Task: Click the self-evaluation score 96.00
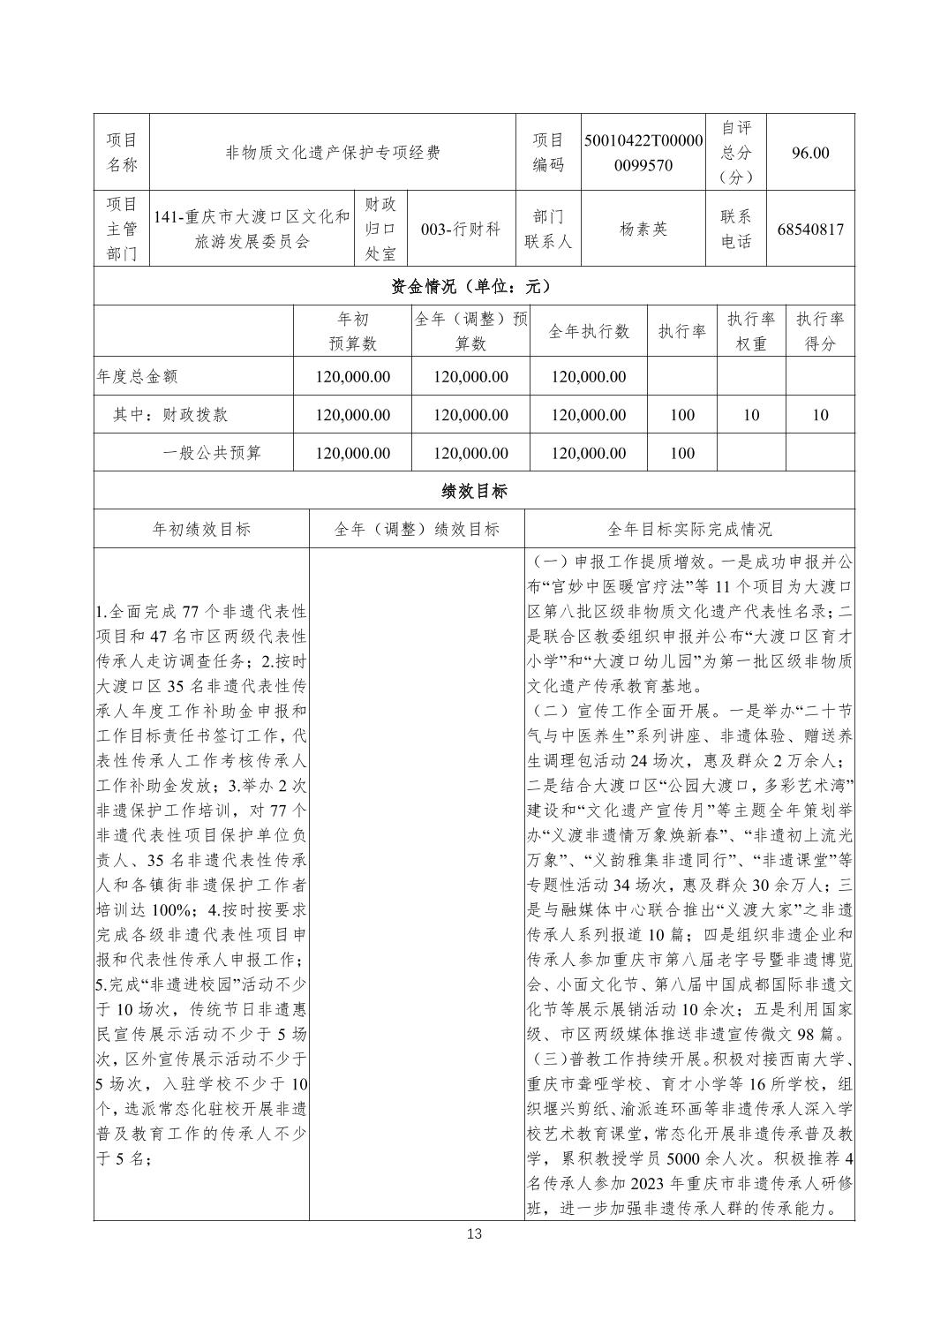pos(810,153)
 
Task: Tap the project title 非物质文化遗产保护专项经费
pos(333,153)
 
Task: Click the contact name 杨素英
pos(643,229)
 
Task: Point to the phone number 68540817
pos(810,230)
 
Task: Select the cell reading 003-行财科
pos(461,229)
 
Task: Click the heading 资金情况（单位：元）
pos(474,286)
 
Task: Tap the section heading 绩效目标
pos(474,491)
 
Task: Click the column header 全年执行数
pos(589,331)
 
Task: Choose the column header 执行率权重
pos(750,331)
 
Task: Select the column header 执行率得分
pos(820,331)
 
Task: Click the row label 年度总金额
pos(137,376)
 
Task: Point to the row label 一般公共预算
pos(212,453)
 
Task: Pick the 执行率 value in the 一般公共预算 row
pos(682,453)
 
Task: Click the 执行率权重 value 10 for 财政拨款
pos(750,415)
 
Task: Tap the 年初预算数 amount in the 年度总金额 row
pos(352,376)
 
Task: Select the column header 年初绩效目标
pos(201,529)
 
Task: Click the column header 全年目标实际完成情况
pos(689,529)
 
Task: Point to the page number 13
pos(474,1233)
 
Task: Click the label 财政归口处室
pos(380,229)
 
